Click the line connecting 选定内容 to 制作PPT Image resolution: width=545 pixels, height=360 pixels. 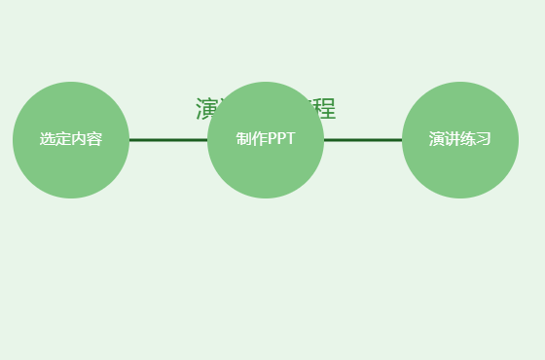click(x=167, y=139)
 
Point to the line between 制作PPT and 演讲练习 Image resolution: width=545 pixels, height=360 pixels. click(x=362, y=139)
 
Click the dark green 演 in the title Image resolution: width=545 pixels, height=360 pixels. click(x=204, y=108)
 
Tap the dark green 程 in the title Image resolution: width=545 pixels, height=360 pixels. click(x=325, y=109)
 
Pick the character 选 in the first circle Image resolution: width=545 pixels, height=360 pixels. click(x=48, y=139)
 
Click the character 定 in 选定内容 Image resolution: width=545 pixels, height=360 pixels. click(x=63, y=139)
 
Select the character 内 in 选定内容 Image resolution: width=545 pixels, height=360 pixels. click(x=79, y=139)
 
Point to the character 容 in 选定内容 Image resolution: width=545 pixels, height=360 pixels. click(x=94, y=139)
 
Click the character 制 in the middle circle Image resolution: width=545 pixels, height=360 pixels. click(x=244, y=139)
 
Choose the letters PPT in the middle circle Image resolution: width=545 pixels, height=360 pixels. click(x=281, y=139)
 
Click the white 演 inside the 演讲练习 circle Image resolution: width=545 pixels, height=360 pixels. click(x=437, y=139)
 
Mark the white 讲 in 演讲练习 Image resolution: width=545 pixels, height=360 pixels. click(x=453, y=139)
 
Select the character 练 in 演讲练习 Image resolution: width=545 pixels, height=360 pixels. click(x=468, y=139)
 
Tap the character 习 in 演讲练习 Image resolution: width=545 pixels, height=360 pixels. click(x=484, y=139)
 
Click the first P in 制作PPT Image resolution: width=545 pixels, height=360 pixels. click(x=272, y=139)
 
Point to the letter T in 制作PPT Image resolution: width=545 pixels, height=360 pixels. click(x=290, y=139)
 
